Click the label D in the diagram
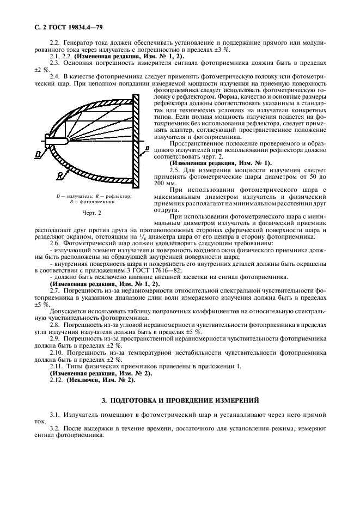pyautogui.click(x=38, y=155)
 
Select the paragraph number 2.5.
pyautogui.click(x=175, y=171)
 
